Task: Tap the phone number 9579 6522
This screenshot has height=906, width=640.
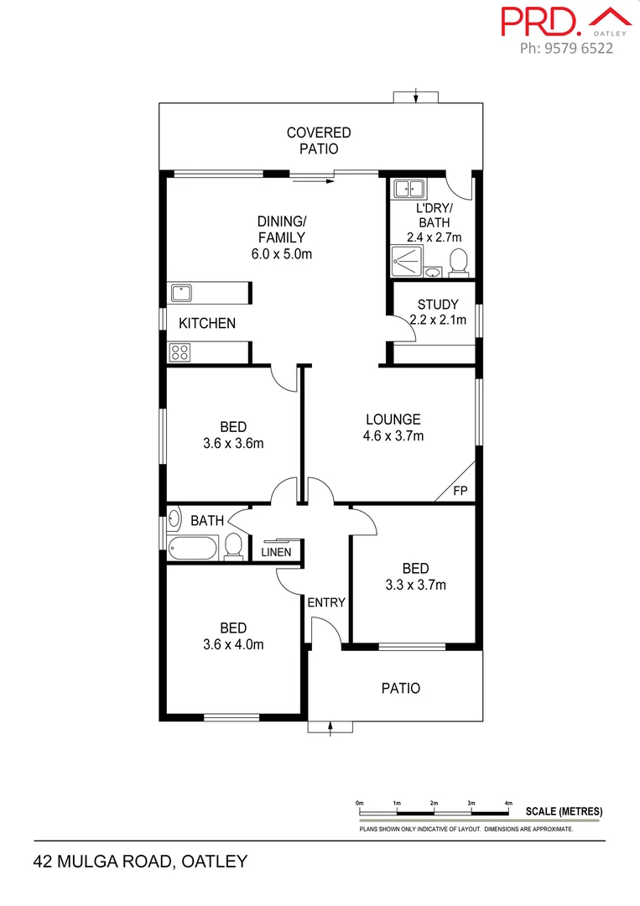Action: click(x=566, y=48)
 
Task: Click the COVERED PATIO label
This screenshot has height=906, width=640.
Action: click(x=319, y=140)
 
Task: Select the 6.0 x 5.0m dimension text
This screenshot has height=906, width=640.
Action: click(x=282, y=253)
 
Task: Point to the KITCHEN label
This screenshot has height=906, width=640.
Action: click(x=207, y=323)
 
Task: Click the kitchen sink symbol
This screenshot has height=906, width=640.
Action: click(x=181, y=293)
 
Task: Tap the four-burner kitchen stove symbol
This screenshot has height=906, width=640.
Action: click(x=180, y=352)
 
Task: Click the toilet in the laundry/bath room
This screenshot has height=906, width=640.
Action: click(x=458, y=263)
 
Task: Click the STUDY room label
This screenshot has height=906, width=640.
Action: click(x=437, y=305)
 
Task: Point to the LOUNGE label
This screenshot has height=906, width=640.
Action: click(x=393, y=419)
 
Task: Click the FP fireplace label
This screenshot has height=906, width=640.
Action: click(x=460, y=491)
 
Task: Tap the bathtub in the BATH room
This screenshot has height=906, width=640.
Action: click(x=193, y=549)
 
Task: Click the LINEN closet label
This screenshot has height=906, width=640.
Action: click(x=276, y=552)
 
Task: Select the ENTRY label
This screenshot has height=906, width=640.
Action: click(x=326, y=602)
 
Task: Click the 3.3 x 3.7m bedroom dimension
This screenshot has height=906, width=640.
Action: click(x=415, y=585)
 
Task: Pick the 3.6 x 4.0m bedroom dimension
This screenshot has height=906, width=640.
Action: click(x=233, y=644)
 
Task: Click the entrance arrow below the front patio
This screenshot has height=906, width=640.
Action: click(x=331, y=727)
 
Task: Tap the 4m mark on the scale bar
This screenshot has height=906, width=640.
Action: click(x=508, y=803)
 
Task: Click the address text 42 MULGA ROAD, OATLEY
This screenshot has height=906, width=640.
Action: click(x=141, y=861)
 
